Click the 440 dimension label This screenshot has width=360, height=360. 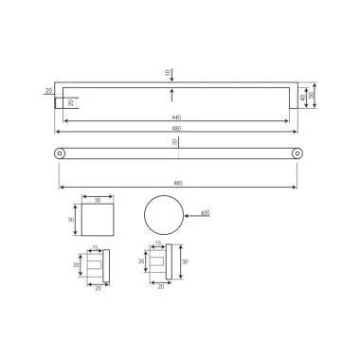[x=176, y=117]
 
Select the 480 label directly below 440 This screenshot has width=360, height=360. [x=176, y=128]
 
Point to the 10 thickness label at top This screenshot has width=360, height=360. [x=168, y=73]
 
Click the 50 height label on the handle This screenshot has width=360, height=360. [x=313, y=97]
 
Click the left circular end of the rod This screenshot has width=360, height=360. [x=60, y=153]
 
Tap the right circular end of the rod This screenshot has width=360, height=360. [x=297, y=153]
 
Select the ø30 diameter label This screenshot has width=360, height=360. [x=206, y=213]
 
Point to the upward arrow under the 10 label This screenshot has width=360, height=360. [x=171, y=93]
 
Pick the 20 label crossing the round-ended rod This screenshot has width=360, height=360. [x=174, y=142]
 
